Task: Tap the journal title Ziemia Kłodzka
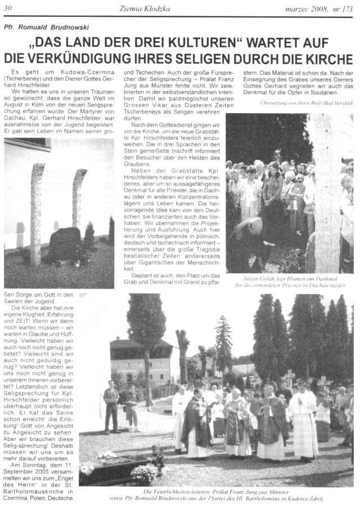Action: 145,8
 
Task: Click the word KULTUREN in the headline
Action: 206,43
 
